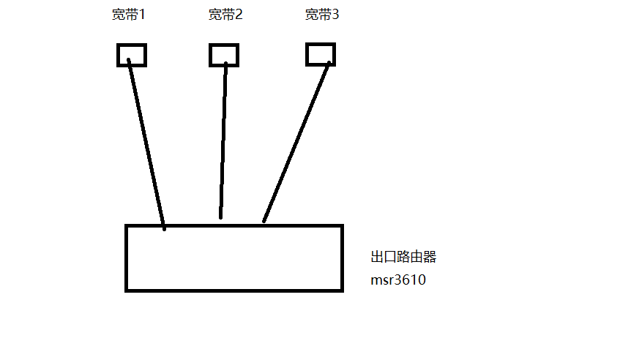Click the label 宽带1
point(128,15)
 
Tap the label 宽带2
point(225,15)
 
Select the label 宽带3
point(321,15)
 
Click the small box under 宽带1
point(132,55)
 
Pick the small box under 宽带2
point(224,55)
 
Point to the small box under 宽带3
point(320,54)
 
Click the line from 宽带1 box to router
point(146,143)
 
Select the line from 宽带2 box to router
point(223,139)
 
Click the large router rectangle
point(234,258)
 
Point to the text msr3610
point(398,280)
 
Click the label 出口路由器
point(404,258)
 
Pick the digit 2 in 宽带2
point(239,15)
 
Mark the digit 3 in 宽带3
point(335,15)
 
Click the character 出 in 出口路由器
point(378,258)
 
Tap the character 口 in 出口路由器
point(391,258)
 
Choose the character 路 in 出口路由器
point(404,258)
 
